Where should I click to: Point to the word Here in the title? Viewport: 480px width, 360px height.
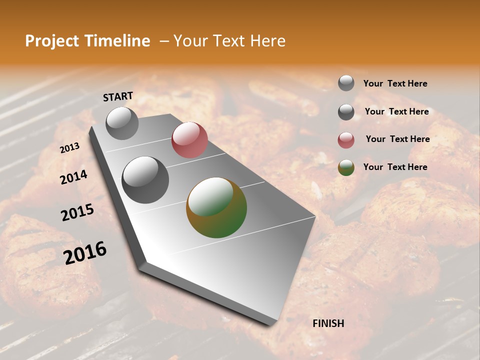tap(267, 41)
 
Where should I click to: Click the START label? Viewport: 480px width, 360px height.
tap(118, 96)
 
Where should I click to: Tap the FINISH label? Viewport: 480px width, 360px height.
tap(328, 323)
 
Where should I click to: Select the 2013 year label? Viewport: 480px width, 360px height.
tap(70, 147)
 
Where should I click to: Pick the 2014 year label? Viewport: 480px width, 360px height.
tap(74, 177)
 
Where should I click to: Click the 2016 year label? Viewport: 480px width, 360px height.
tap(85, 252)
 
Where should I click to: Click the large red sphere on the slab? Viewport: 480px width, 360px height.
tap(189, 140)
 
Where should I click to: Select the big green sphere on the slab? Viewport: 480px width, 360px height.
tap(216, 207)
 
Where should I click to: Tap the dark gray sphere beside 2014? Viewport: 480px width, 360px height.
tap(145, 180)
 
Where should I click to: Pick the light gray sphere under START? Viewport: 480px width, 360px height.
tap(122, 123)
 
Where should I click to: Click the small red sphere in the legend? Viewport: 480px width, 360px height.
tap(346, 140)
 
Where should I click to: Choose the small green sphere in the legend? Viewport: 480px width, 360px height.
tap(346, 168)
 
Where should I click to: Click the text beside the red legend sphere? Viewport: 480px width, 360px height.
tap(397, 139)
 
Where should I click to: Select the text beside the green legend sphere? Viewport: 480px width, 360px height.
tap(395, 167)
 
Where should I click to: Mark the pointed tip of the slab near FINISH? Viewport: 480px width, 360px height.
tap(272, 324)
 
